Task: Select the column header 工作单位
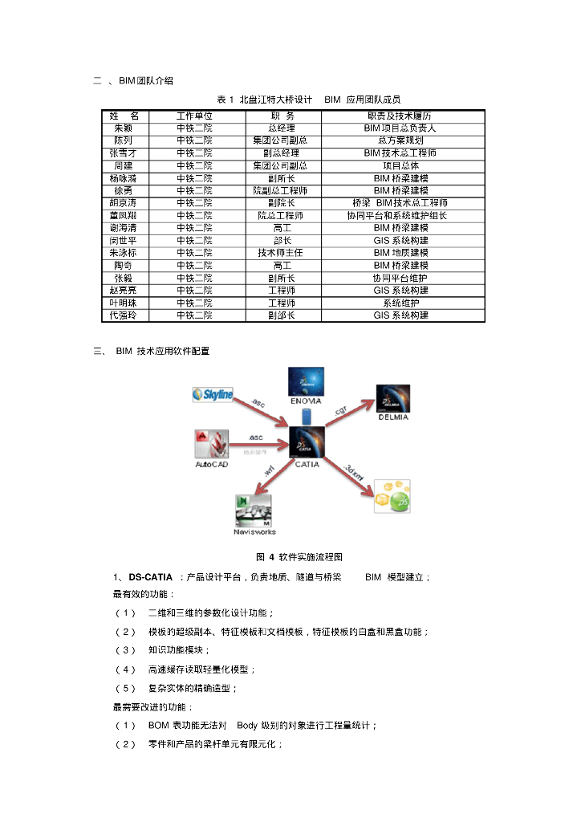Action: pos(194,116)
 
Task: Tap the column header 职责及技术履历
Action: pos(400,116)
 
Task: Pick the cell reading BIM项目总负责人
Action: pos(400,128)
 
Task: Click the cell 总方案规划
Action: pos(400,140)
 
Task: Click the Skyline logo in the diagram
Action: pos(213,394)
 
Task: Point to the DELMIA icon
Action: pos(394,398)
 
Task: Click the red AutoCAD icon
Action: pos(211,445)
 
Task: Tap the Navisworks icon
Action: pos(254,511)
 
